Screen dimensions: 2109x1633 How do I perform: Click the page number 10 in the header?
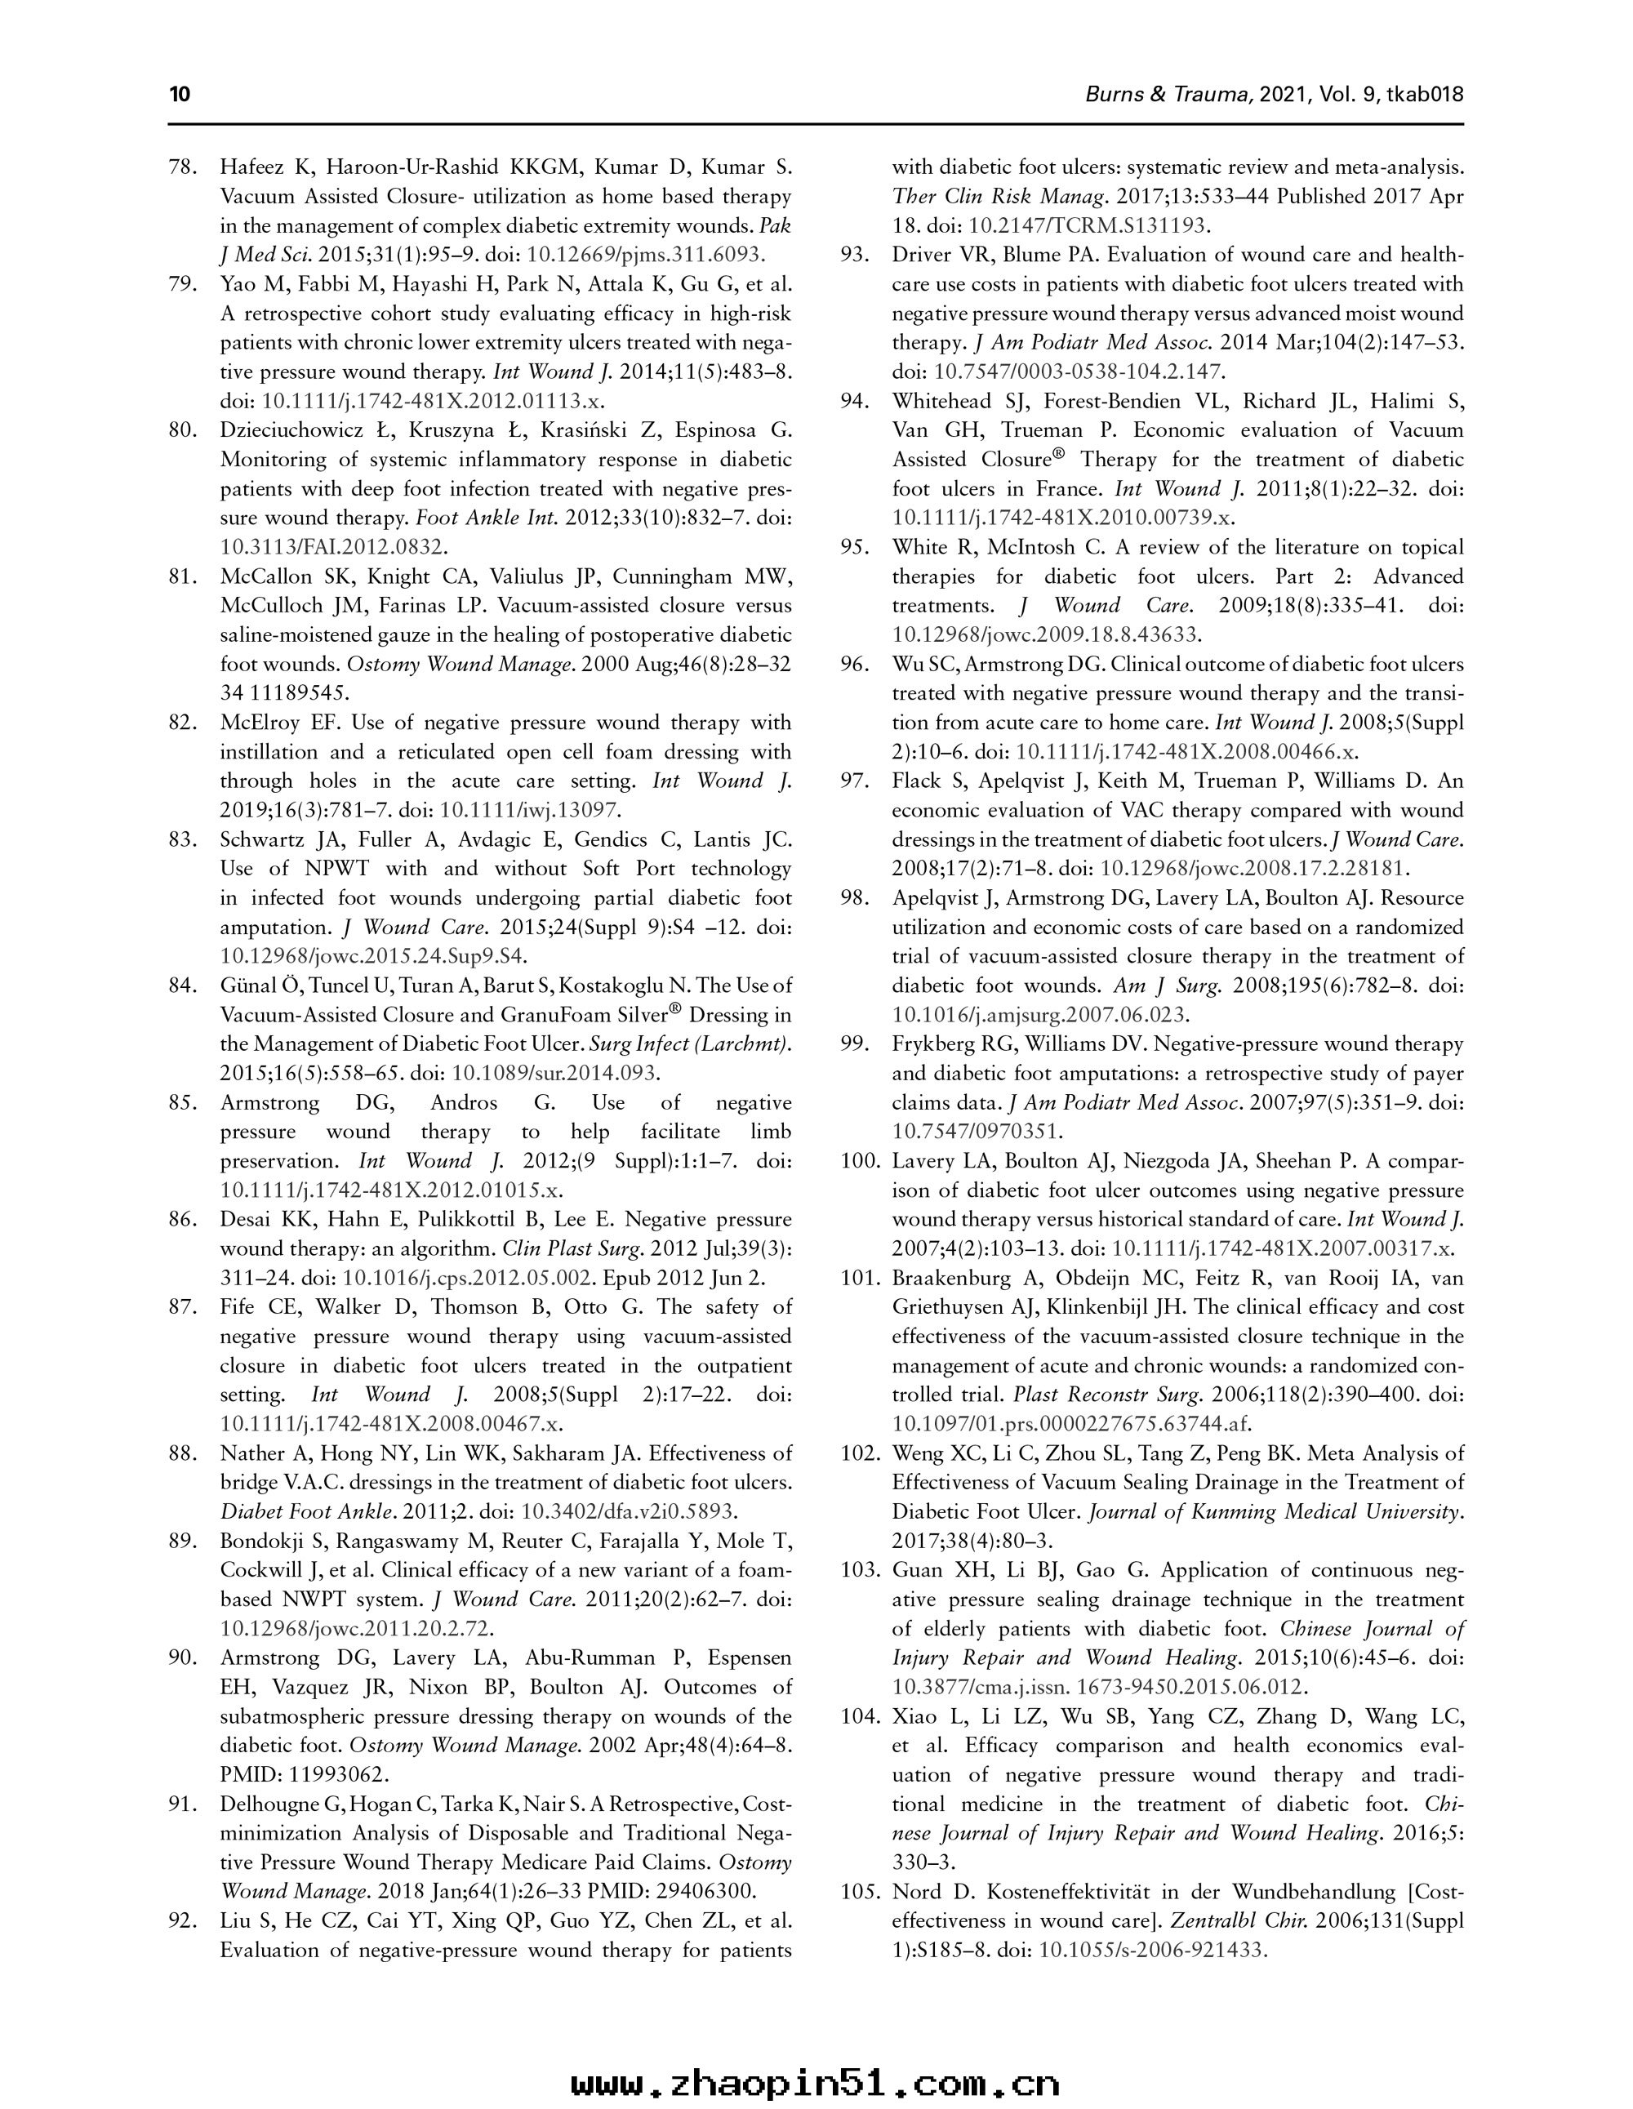pos(180,95)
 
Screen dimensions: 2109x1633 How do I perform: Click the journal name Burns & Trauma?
pos(1170,95)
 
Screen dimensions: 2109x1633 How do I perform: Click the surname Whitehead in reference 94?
pos(946,402)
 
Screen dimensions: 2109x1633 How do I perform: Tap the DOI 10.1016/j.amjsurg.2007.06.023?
pos(1040,1015)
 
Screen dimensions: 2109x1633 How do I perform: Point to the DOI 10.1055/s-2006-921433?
pos(1151,1950)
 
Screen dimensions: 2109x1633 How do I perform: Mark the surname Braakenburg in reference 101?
pos(955,1279)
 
